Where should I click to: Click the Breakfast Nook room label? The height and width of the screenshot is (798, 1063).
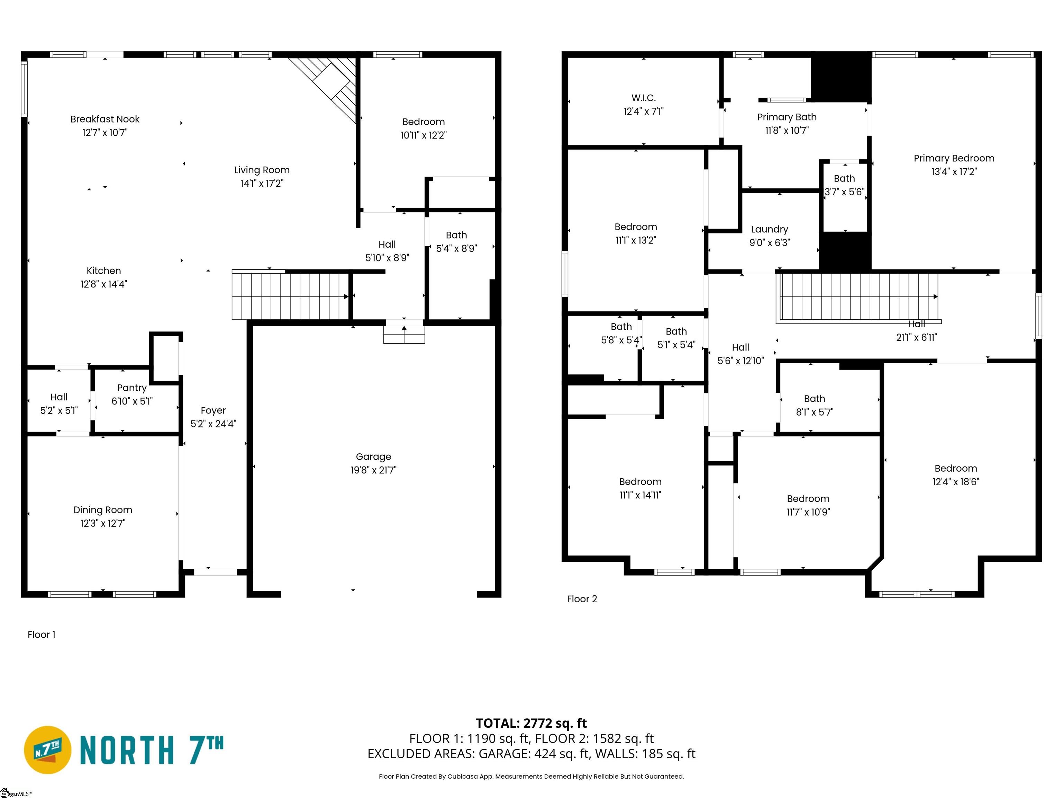click(105, 119)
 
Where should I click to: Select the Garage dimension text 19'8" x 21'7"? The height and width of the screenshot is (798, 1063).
click(373, 470)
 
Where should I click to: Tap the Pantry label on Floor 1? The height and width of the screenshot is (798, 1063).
click(132, 388)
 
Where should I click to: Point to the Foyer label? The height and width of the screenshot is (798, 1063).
click(213, 410)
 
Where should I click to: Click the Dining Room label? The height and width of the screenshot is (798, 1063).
click(103, 510)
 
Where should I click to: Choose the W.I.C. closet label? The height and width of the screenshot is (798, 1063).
click(644, 98)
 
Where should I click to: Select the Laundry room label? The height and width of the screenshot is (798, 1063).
click(769, 229)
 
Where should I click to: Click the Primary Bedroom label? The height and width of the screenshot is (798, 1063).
click(954, 158)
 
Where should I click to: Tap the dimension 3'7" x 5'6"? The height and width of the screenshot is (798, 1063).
click(844, 192)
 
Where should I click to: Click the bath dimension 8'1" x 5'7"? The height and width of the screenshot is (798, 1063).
click(815, 412)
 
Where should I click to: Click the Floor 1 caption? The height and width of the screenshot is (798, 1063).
click(41, 635)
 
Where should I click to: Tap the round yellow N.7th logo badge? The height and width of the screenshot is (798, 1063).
click(47, 750)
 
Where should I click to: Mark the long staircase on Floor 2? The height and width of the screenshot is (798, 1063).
click(858, 297)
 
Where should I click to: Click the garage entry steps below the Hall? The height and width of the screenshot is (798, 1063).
click(404, 335)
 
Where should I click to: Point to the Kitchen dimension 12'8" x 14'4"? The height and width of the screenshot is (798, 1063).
click(103, 284)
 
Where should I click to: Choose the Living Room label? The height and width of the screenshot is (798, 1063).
click(262, 170)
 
